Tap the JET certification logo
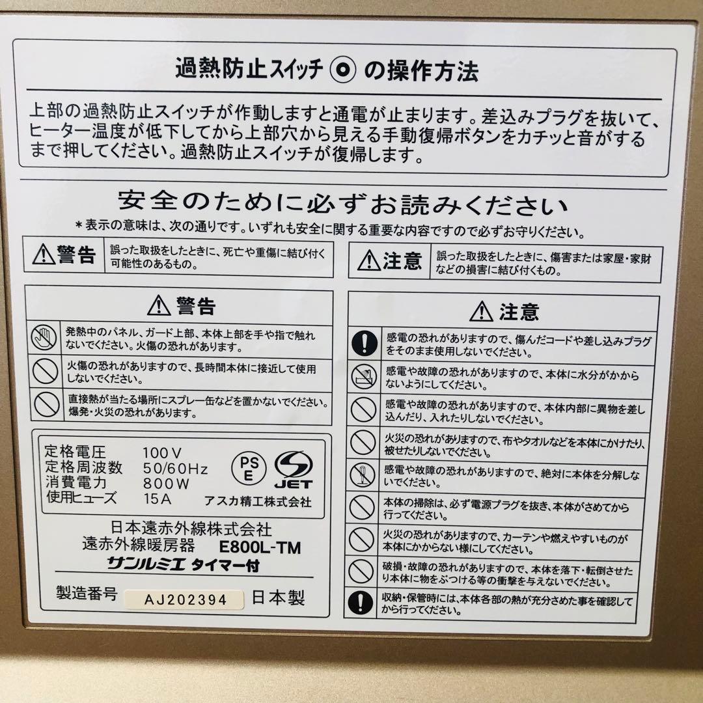coord(293,469)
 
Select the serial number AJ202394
coord(186,600)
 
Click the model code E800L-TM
coord(260,547)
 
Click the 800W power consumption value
coord(165,483)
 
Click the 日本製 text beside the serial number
coord(278,598)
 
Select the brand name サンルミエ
coord(146,566)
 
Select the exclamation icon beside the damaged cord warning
coord(363,344)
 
